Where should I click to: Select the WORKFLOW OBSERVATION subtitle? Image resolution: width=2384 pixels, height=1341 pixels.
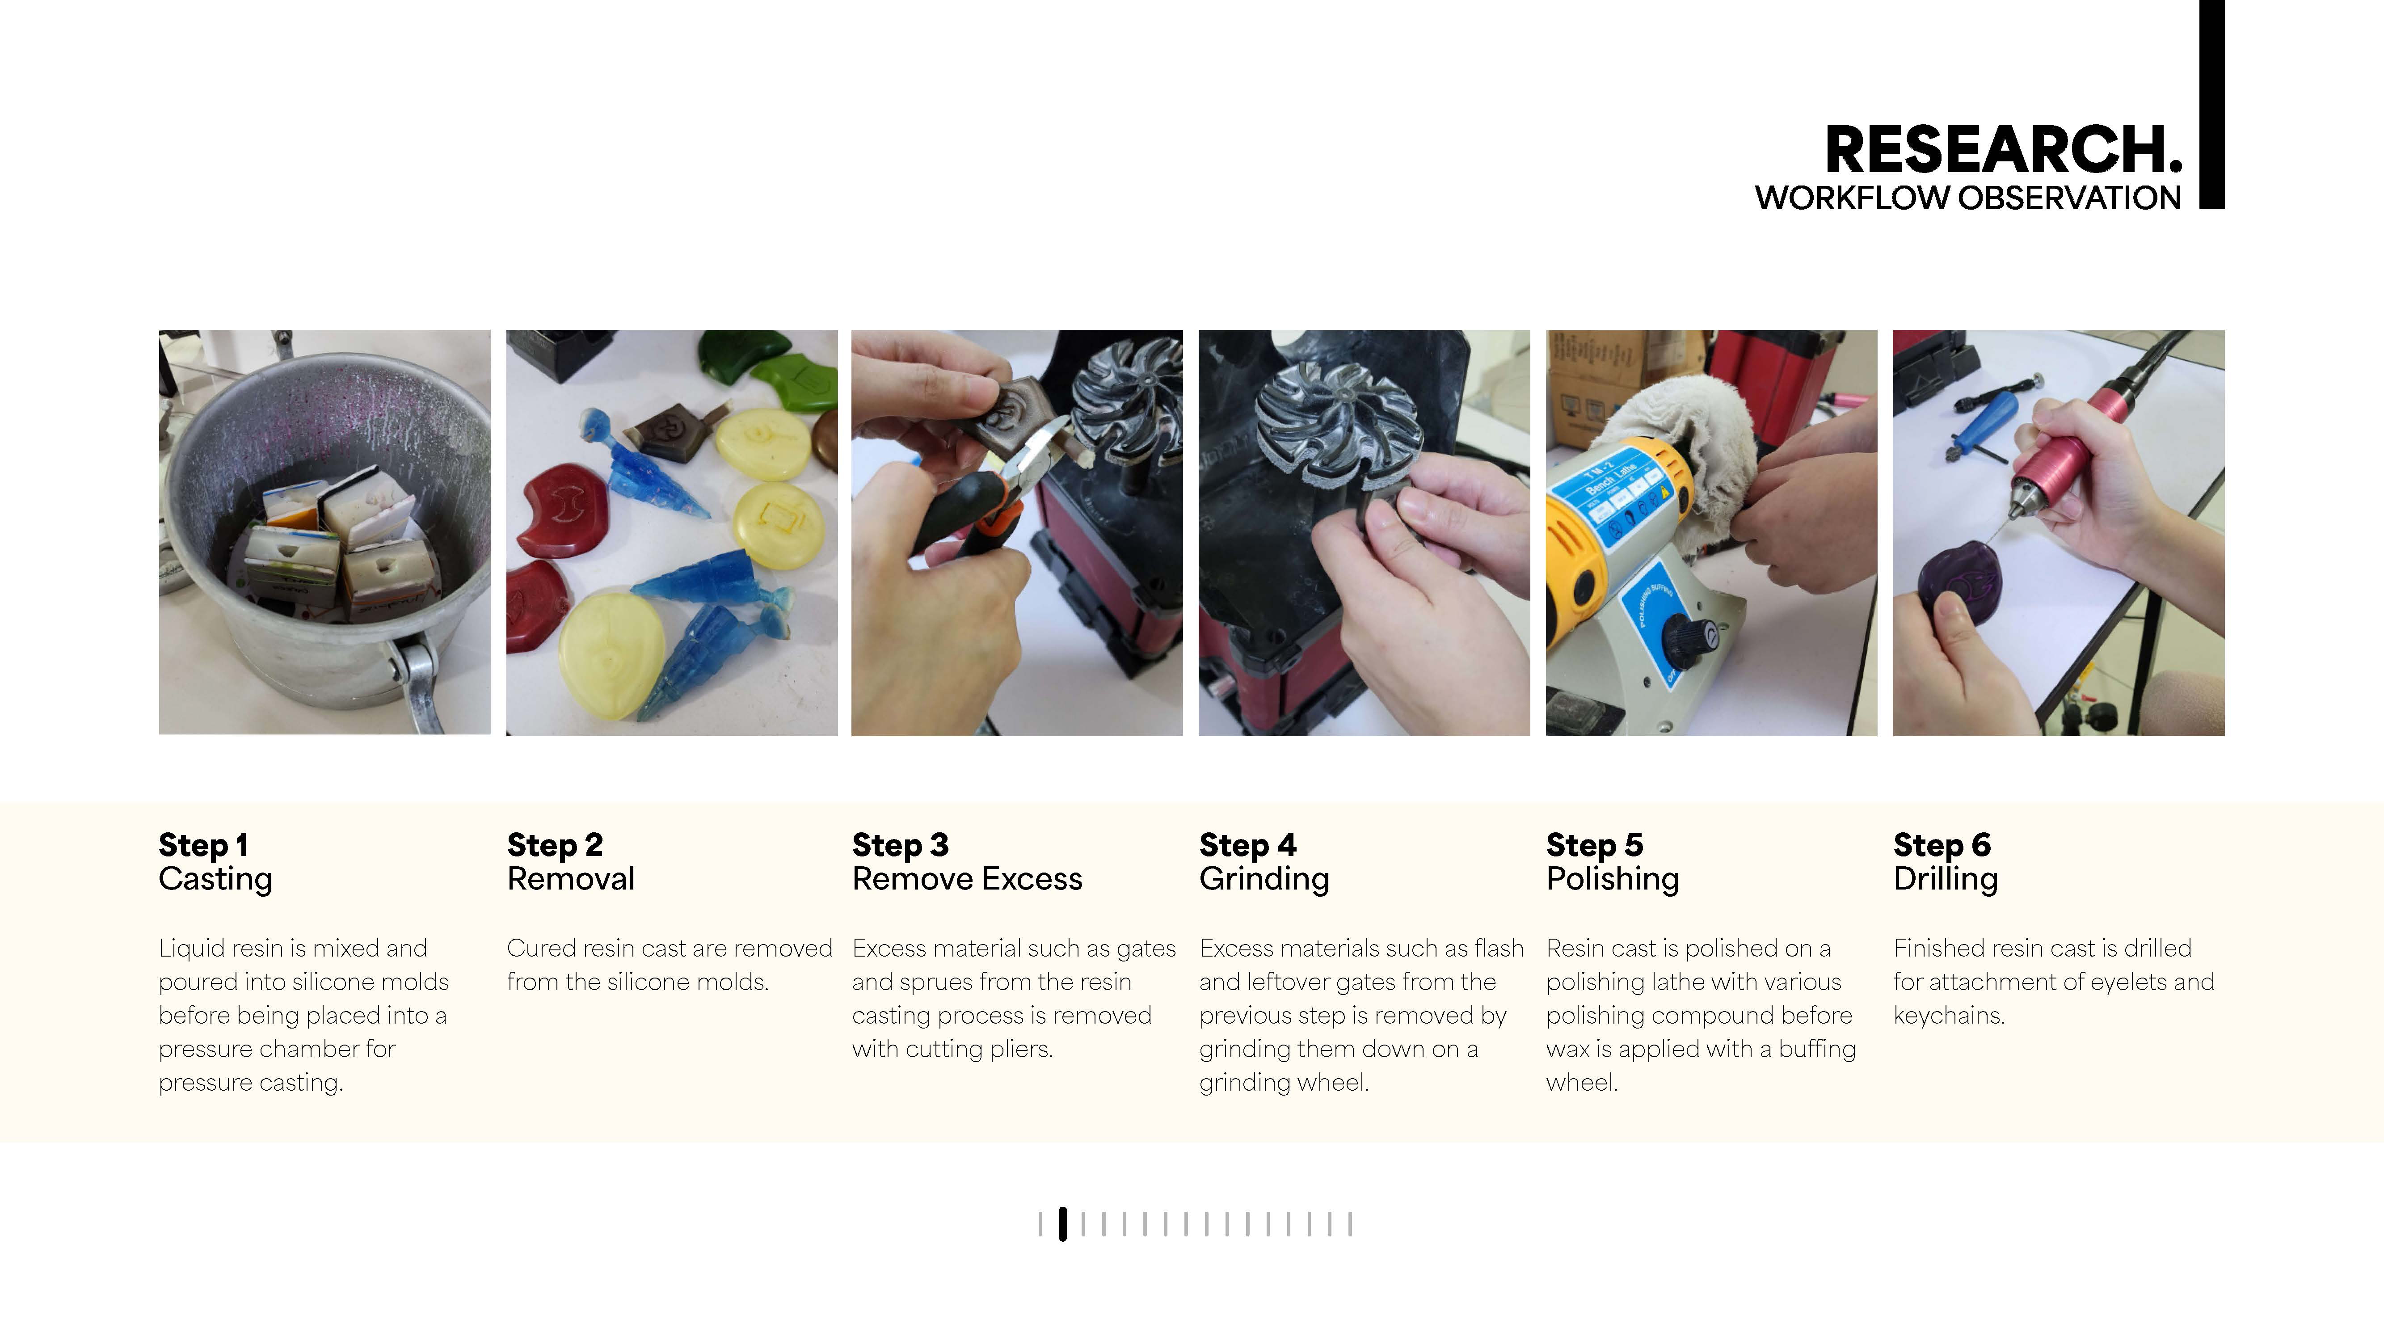pos(1968,198)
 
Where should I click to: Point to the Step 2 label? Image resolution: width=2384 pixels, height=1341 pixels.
pos(554,845)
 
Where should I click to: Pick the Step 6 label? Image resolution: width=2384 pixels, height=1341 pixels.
pos(1942,845)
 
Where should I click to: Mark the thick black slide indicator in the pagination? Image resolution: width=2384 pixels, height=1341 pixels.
pos(1062,1223)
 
